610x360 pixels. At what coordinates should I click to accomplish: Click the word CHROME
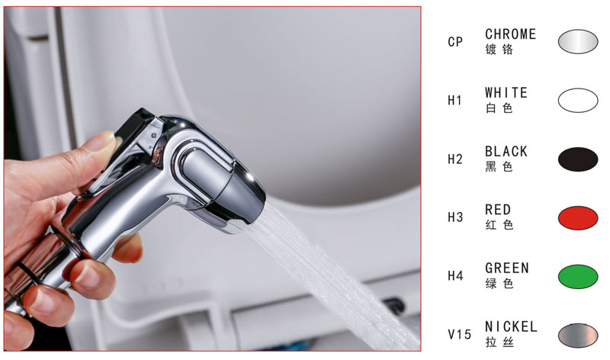click(510, 34)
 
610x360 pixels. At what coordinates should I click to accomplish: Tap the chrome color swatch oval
click(578, 41)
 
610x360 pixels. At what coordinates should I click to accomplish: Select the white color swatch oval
click(578, 101)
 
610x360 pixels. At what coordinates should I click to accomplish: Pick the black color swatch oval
click(578, 159)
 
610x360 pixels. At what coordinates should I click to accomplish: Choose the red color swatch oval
click(578, 218)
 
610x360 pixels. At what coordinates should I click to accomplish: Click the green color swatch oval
click(578, 277)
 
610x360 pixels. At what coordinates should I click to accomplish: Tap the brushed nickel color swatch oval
click(578, 336)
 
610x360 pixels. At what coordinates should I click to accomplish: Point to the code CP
click(455, 42)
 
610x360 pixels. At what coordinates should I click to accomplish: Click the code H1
click(454, 101)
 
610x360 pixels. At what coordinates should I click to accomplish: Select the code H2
click(454, 159)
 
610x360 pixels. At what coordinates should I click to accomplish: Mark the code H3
click(455, 217)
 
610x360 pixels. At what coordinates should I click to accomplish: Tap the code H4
click(455, 276)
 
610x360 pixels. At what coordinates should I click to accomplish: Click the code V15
click(460, 334)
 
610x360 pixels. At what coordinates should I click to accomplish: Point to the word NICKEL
click(511, 327)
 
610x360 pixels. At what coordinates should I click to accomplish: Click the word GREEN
click(507, 268)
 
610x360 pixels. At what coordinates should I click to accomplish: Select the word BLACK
click(506, 151)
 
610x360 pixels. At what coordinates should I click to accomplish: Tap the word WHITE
click(506, 92)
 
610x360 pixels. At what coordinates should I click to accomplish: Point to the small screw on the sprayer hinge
click(154, 136)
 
